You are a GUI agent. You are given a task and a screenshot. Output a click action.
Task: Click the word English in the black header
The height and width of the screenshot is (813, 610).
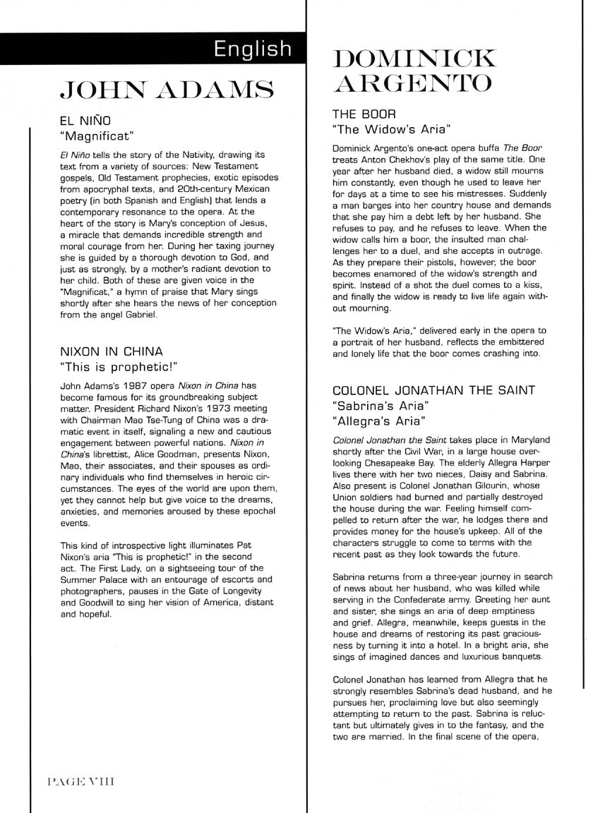253,49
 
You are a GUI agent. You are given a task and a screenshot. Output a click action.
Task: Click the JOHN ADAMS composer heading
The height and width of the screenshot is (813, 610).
167,90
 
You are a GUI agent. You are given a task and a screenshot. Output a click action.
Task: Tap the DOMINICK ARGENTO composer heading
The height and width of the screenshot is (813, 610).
414,70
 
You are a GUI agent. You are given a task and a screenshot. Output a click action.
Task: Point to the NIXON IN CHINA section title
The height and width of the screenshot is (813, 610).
112,351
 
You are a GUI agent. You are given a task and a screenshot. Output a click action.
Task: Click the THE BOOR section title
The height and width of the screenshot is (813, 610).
364,114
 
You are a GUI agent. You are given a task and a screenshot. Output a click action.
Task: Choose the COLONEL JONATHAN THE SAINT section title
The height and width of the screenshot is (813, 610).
434,390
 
